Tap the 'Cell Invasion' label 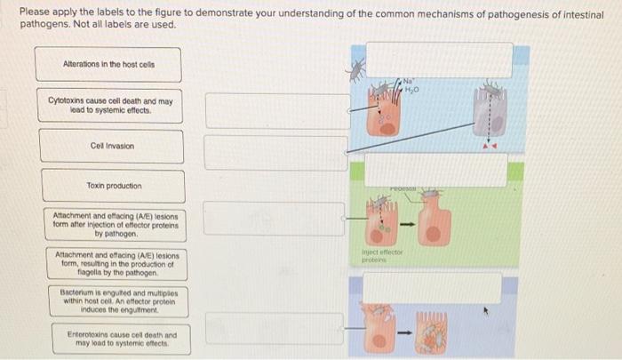tap(111, 146)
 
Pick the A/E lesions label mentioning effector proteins tap(110, 225)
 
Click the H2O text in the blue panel tap(411, 89)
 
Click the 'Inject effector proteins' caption tap(383, 258)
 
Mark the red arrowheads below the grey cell tap(490, 143)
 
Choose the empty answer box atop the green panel tap(435, 169)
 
